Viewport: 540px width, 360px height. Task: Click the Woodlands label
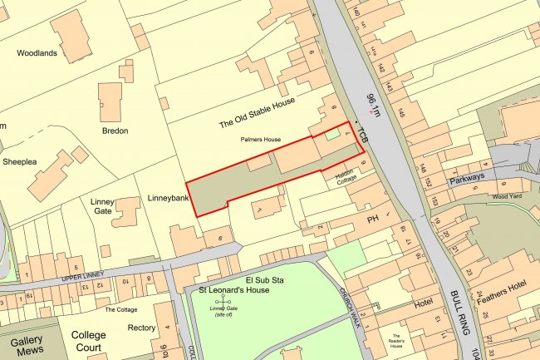click(x=37, y=53)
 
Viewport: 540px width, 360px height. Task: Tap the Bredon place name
click(x=115, y=131)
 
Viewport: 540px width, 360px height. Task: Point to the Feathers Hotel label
click(x=506, y=308)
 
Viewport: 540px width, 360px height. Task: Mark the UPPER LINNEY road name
click(x=87, y=277)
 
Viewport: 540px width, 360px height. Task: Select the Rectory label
click(x=141, y=328)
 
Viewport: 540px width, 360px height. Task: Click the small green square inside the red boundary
click(x=331, y=134)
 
